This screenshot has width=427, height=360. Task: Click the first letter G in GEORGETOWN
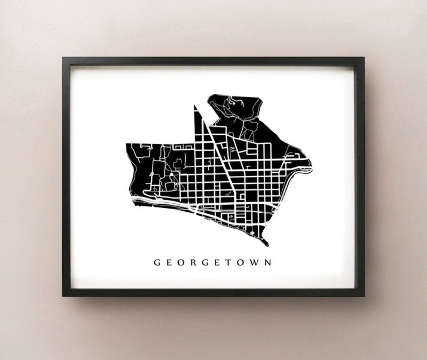coord(157,262)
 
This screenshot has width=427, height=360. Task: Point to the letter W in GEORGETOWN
coord(257,262)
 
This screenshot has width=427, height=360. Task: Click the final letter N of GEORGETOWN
coord(269,262)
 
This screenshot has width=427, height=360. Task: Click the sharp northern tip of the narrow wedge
coord(195,106)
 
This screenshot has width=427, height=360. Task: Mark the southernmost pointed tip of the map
coord(268,245)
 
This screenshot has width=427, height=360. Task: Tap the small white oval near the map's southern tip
coord(253,234)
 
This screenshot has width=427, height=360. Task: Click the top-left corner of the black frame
coord(63,58)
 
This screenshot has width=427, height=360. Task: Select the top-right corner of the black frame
coord(364,58)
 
